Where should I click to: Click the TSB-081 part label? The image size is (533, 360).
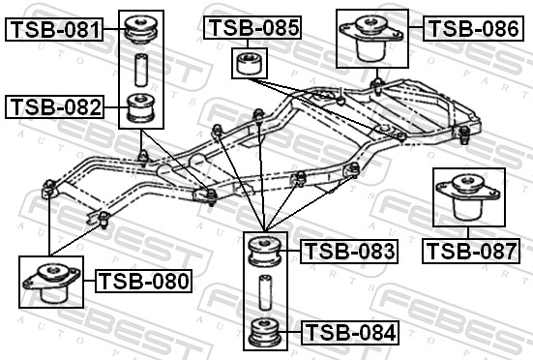click(x=56, y=30)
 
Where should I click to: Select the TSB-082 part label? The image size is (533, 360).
click(x=56, y=106)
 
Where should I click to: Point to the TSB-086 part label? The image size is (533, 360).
click(x=473, y=28)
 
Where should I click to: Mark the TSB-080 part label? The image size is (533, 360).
click(x=144, y=282)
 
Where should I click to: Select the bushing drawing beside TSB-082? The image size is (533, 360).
click(x=141, y=106)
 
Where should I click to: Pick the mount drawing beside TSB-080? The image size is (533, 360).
click(x=47, y=283)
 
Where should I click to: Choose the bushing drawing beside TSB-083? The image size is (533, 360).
click(x=263, y=253)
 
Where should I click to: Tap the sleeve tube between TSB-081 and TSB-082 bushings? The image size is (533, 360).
click(x=140, y=71)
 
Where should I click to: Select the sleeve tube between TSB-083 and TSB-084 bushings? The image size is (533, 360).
click(x=263, y=292)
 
